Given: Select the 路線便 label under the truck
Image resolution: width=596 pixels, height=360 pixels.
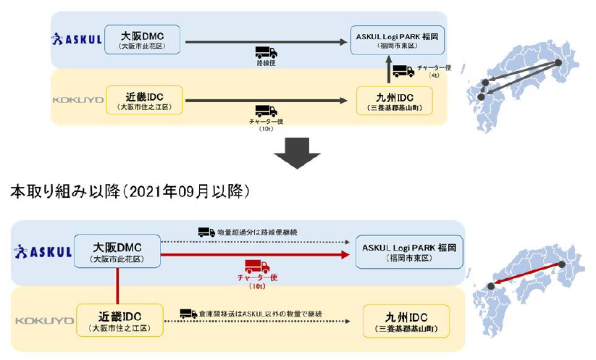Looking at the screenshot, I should (266, 64).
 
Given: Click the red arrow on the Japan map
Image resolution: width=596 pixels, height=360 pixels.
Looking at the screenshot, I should (528, 276).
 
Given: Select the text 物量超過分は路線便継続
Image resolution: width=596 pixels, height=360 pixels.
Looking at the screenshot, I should (256, 233).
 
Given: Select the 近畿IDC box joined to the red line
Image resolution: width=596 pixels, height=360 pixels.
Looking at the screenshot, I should (118, 320).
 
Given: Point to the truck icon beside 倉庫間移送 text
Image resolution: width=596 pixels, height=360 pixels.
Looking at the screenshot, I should (188, 314).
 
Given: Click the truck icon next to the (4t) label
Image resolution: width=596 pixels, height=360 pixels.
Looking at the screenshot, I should (404, 71).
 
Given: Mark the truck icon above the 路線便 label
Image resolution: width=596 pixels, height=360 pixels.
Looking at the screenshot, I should (266, 52).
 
